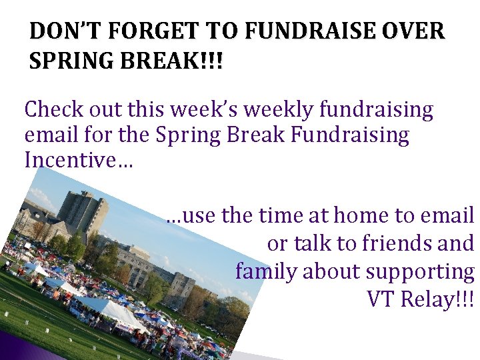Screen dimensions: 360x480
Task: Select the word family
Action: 267,271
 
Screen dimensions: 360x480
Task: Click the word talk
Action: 312,243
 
